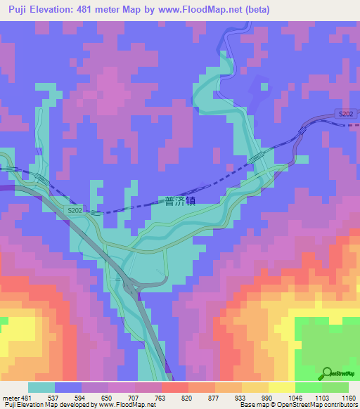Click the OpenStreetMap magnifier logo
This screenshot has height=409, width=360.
[328, 374]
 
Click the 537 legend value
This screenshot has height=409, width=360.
[55, 398]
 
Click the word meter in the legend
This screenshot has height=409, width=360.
[11, 398]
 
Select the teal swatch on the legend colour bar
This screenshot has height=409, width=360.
[41, 387]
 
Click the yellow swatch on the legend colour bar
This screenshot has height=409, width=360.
[282, 387]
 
